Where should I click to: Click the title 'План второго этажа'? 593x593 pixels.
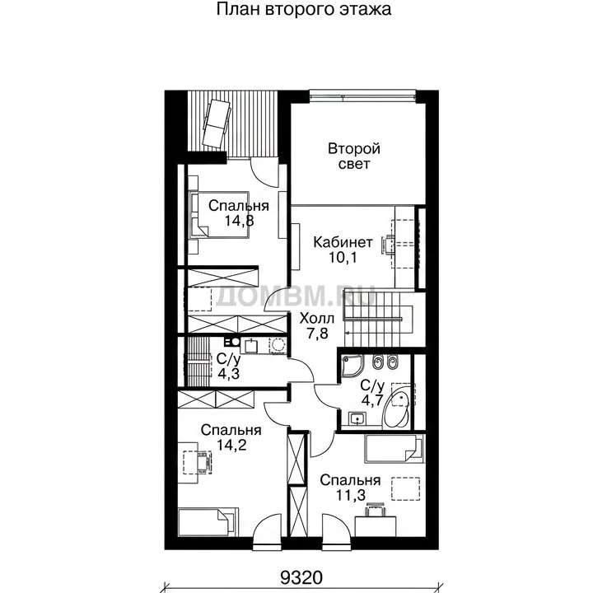tap(304, 9)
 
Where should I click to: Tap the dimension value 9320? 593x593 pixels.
tap(301, 578)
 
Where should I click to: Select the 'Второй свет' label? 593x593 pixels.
tap(354, 156)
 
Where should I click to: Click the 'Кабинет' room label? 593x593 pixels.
tap(343, 242)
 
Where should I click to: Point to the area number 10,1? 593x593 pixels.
tap(343, 258)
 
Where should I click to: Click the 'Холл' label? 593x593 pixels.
tap(317, 319)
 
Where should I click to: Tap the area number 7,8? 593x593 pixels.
tap(317, 334)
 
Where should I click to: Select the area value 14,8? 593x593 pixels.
tap(239, 221)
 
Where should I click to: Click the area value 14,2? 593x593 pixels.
tap(231, 445)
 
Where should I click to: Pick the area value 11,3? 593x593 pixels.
tap(351, 496)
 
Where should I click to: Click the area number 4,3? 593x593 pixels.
tap(228, 374)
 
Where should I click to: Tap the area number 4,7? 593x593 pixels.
tap(372, 400)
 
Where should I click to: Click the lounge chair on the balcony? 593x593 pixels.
tap(217, 123)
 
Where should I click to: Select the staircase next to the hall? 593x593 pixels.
tap(378, 319)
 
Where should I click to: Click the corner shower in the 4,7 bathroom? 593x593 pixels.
tap(353, 367)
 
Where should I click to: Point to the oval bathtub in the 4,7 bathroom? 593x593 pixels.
tap(396, 410)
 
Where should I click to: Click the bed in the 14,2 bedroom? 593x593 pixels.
tap(208, 522)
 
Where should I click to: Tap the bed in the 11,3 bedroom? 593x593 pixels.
tap(394, 449)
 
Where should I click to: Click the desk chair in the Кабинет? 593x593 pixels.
tap(388, 245)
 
